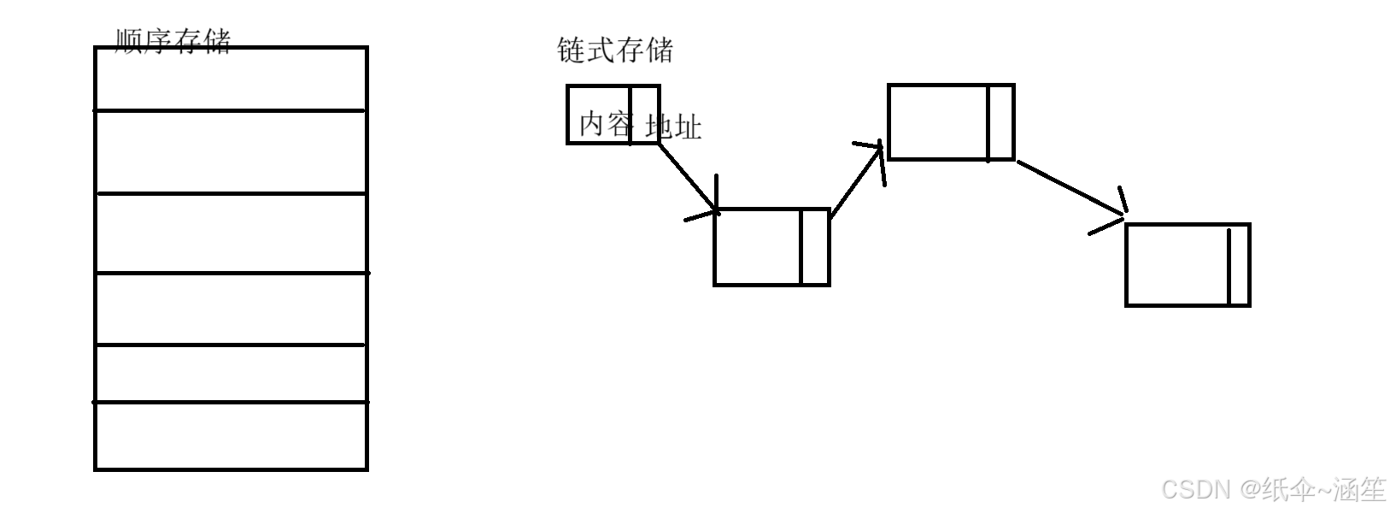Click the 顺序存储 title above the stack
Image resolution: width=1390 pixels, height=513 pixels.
[173, 40]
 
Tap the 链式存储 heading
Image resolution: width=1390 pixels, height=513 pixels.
[614, 50]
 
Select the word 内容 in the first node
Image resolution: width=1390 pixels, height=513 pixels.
[606, 125]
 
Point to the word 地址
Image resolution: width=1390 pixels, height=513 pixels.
[674, 127]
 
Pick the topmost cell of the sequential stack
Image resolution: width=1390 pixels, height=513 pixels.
[231, 79]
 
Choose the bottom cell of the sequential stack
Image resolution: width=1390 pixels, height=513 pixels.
[231, 435]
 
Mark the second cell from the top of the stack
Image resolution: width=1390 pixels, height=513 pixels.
[231, 152]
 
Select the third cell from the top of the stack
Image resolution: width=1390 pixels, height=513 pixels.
[231, 233]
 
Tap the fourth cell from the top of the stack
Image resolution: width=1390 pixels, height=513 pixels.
[231, 309]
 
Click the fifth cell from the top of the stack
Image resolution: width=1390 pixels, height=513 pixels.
[231, 373]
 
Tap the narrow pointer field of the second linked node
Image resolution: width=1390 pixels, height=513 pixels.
[815, 247]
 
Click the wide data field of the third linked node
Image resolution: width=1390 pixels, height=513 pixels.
[938, 122]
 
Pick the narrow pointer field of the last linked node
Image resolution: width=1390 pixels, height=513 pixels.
[1239, 265]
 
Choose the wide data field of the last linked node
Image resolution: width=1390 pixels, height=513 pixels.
[1177, 265]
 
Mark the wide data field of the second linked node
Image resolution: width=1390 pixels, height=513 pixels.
[758, 247]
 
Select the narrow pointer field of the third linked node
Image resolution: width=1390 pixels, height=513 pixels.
[1000, 122]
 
